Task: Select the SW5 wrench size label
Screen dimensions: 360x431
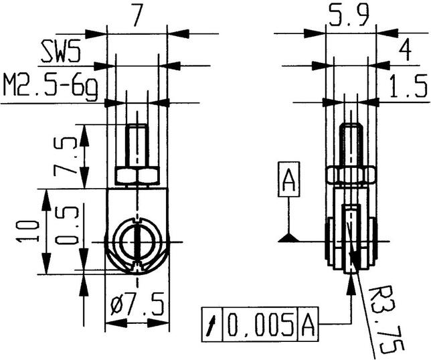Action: click(x=64, y=52)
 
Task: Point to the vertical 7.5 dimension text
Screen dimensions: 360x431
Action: click(x=64, y=156)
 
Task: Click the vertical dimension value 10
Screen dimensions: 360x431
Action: click(x=25, y=231)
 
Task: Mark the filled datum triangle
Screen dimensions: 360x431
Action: click(x=288, y=236)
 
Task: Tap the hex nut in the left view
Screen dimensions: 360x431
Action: click(x=137, y=176)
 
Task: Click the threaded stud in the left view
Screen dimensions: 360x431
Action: click(x=137, y=146)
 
